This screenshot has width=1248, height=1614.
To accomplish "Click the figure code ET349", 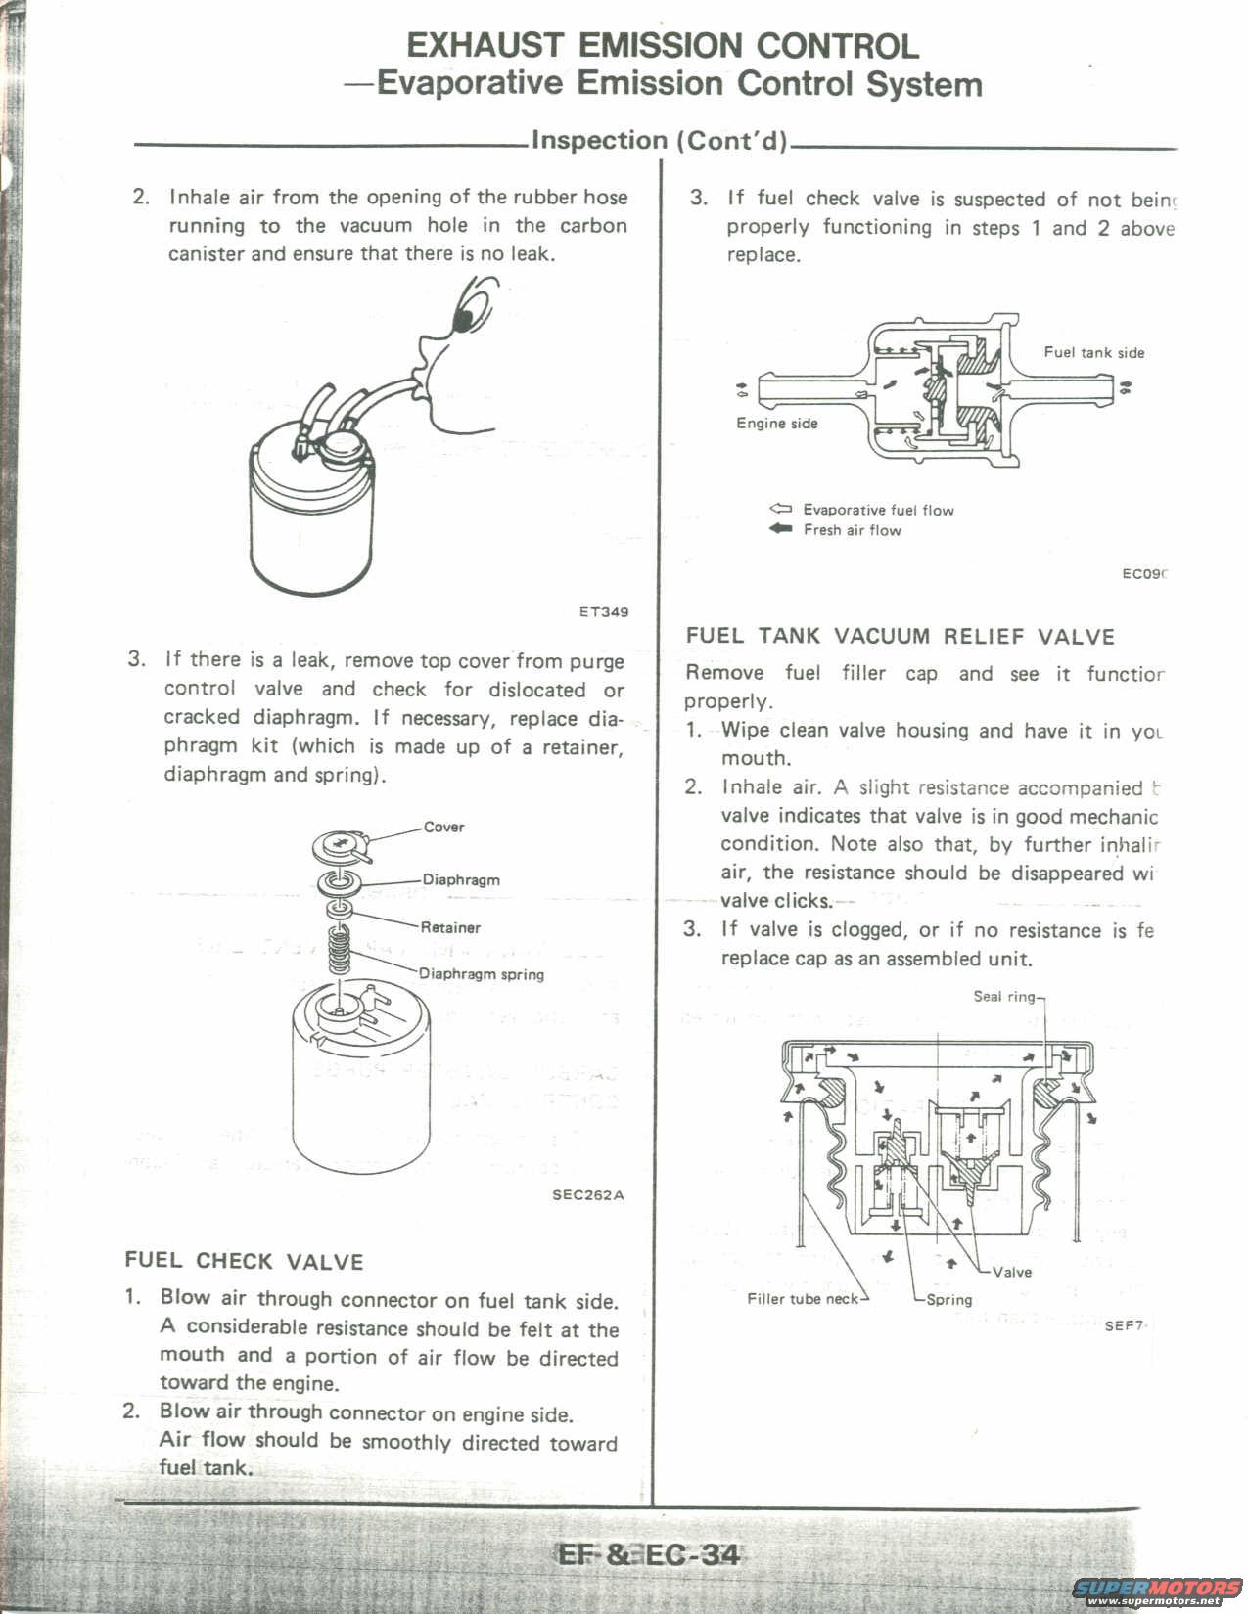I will (x=603, y=612).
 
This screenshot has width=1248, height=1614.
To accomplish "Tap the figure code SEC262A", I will (x=587, y=1194).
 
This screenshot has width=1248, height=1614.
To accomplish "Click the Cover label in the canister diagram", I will (x=443, y=828).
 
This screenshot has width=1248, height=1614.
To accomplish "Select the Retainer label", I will (x=450, y=927).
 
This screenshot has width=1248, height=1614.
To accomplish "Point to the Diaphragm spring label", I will (x=482, y=974).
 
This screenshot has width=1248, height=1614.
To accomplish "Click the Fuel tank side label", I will (x=1093, y=353).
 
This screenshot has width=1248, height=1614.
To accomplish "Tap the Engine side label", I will (x=777, y=424).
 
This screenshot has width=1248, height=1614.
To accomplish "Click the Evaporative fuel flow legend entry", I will (x=877, y=510).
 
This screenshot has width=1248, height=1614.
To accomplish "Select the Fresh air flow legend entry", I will (x=851, y=530).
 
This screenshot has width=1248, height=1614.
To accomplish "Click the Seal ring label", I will (x=1004, y=997).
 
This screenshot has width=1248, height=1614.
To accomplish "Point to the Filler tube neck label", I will (x=803, y=1299).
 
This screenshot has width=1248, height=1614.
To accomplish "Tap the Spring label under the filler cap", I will (x=949, y=1300).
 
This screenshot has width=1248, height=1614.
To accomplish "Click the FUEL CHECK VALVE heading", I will (x=244, y=1262).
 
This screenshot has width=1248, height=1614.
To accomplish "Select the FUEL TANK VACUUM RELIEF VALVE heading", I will (x=901, y=637).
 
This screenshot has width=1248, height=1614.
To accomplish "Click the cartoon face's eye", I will (x=469, y=312).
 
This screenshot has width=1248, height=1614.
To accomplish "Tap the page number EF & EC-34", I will (x=648, y=1554).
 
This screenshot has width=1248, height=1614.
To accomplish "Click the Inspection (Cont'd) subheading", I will (x=659, y=141).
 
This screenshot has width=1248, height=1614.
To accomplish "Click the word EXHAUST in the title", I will (x=485, y=46).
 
